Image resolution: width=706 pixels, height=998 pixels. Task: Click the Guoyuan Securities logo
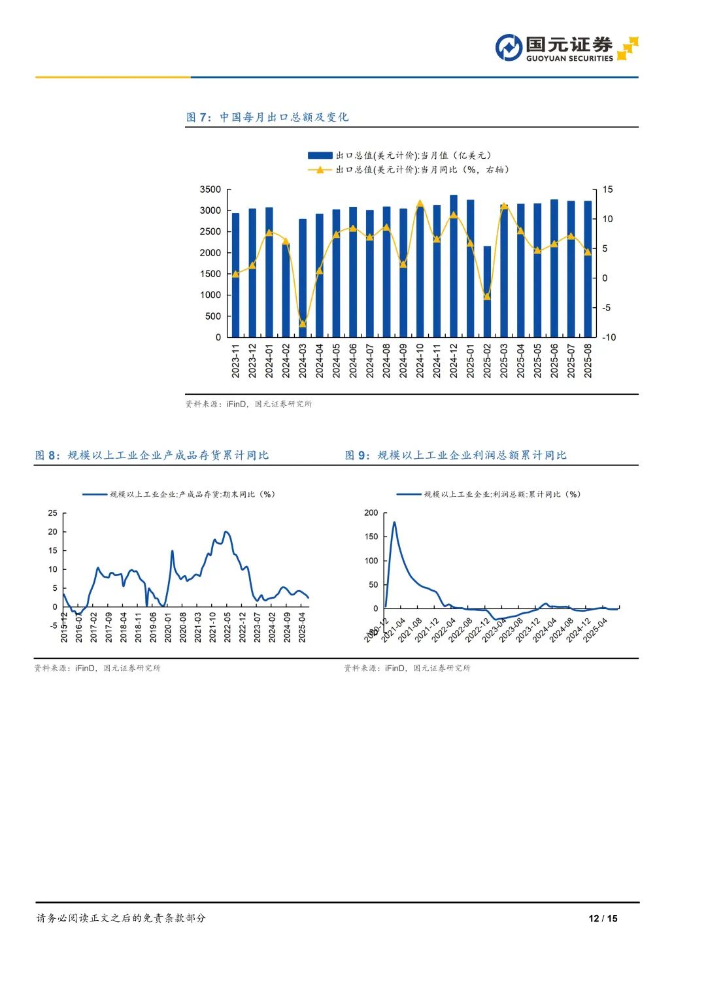[566, 48]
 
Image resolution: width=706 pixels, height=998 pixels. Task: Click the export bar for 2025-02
[487, 291]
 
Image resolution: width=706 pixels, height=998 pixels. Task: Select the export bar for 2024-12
[454, 266]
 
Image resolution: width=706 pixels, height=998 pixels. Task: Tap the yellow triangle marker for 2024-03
[303, 324]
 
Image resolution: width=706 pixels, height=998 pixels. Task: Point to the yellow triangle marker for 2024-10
[420, 203]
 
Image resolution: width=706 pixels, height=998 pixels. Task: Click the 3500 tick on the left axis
[210, 190]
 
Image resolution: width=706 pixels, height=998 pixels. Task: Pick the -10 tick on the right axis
[609, 337]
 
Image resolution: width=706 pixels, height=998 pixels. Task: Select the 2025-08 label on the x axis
[588, 361]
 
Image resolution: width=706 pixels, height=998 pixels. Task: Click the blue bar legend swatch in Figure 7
[320, 156]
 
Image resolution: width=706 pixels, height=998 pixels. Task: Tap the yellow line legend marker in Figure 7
[320, 170]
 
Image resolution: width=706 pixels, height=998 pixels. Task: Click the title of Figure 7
[267, 117]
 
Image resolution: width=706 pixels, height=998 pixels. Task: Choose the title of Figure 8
[152, 455]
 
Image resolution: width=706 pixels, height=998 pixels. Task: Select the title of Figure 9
[456, 455]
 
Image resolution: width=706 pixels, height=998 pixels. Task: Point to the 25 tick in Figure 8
[53, 513]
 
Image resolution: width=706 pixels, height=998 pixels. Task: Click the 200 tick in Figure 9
[371, 513]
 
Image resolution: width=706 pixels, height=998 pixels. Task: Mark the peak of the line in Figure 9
[394, 522]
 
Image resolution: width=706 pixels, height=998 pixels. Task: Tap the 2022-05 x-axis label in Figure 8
[227, 626]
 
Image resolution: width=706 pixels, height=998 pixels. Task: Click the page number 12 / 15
[603, 918]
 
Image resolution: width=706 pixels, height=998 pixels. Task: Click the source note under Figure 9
[407, 668]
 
